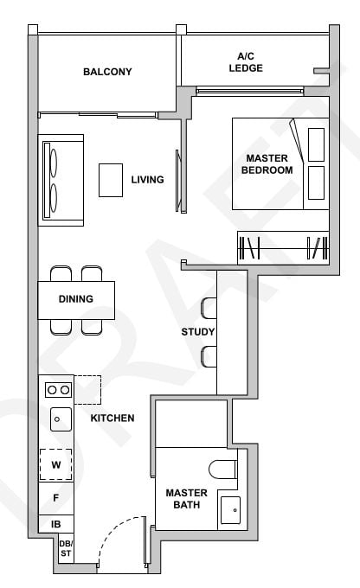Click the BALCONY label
coord(107,72)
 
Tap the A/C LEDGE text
coord(246,62)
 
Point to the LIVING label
coord(147,180)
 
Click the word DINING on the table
coord(75,299)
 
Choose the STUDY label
coord(198,332)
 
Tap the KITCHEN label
coord(112,419)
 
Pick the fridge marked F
coord(55,498)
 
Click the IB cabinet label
coord(55,524)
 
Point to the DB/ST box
coord(65,547)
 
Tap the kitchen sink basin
coord(57,420)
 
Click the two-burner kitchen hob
coord(58,390)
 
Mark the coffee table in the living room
coord(111,180)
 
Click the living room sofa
coord(61,178)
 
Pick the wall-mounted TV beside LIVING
coord(179,181)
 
